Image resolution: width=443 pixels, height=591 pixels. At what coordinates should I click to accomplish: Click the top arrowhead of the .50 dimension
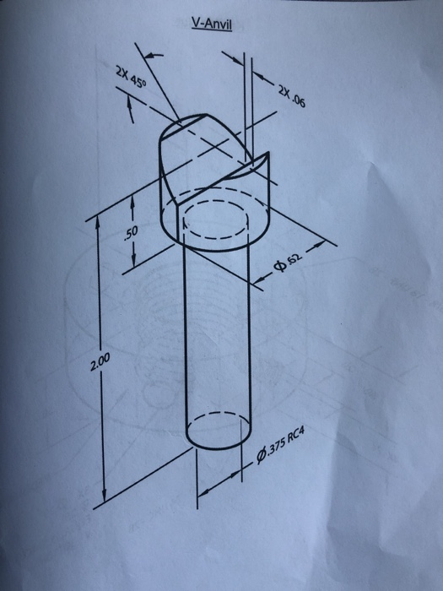[x=133, y=197]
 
